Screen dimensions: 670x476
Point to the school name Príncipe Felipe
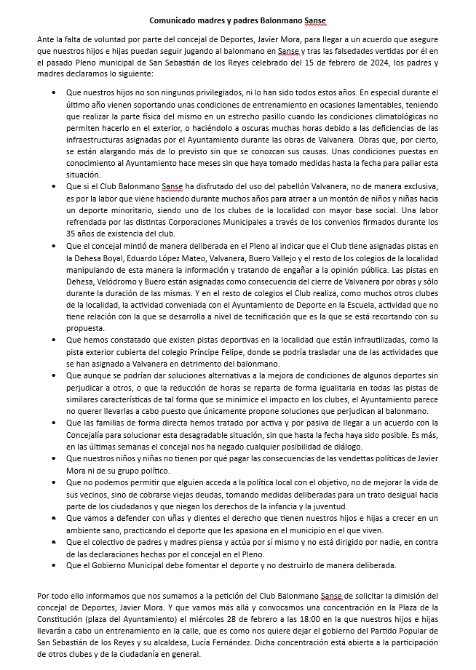tap(215, 350)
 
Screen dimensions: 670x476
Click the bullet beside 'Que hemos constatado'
tap(57, 340)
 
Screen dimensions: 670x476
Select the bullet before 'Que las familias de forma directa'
tap(57, 422)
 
